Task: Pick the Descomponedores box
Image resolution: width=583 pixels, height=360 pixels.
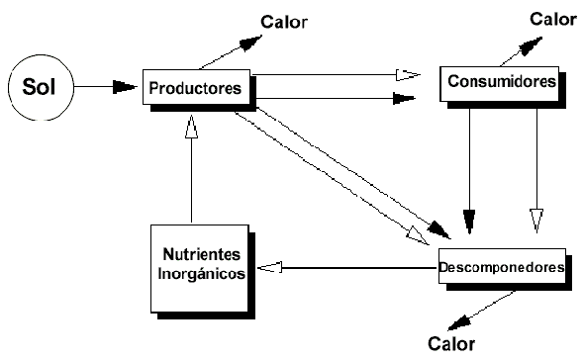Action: [x=502, y=268]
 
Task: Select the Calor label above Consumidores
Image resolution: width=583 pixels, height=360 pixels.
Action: [x=551, y=19]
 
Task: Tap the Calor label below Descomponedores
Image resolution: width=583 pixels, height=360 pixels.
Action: [x=451, y=343]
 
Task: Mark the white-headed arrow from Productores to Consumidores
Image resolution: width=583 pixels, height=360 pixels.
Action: [x=337, y=74]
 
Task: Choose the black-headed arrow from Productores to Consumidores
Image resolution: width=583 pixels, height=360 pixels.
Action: [x=337, y=98]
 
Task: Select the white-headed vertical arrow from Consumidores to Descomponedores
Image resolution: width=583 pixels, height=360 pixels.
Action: [x=536, y=168]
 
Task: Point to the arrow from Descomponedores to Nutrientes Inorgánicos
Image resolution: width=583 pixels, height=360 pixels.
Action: [x=346, y=266]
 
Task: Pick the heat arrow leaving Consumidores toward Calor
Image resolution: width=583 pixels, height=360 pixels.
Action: [x=525, y=52]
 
